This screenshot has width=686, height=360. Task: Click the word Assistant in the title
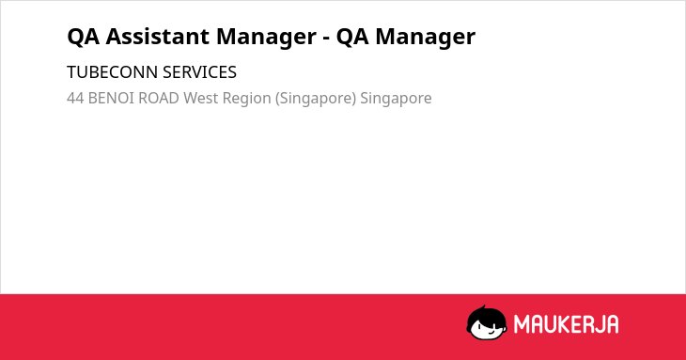156,37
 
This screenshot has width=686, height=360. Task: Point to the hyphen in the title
326,39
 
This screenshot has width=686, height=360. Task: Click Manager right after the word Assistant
266,38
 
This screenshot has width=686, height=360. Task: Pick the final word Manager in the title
426,38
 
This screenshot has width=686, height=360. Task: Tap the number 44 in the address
75,98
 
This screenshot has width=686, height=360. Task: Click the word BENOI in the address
111,98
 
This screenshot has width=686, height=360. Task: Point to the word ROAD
159,98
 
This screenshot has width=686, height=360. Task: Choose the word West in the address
200,98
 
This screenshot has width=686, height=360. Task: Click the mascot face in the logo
487,323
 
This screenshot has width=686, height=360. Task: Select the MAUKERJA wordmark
566,324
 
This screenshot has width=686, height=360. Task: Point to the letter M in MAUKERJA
521,324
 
